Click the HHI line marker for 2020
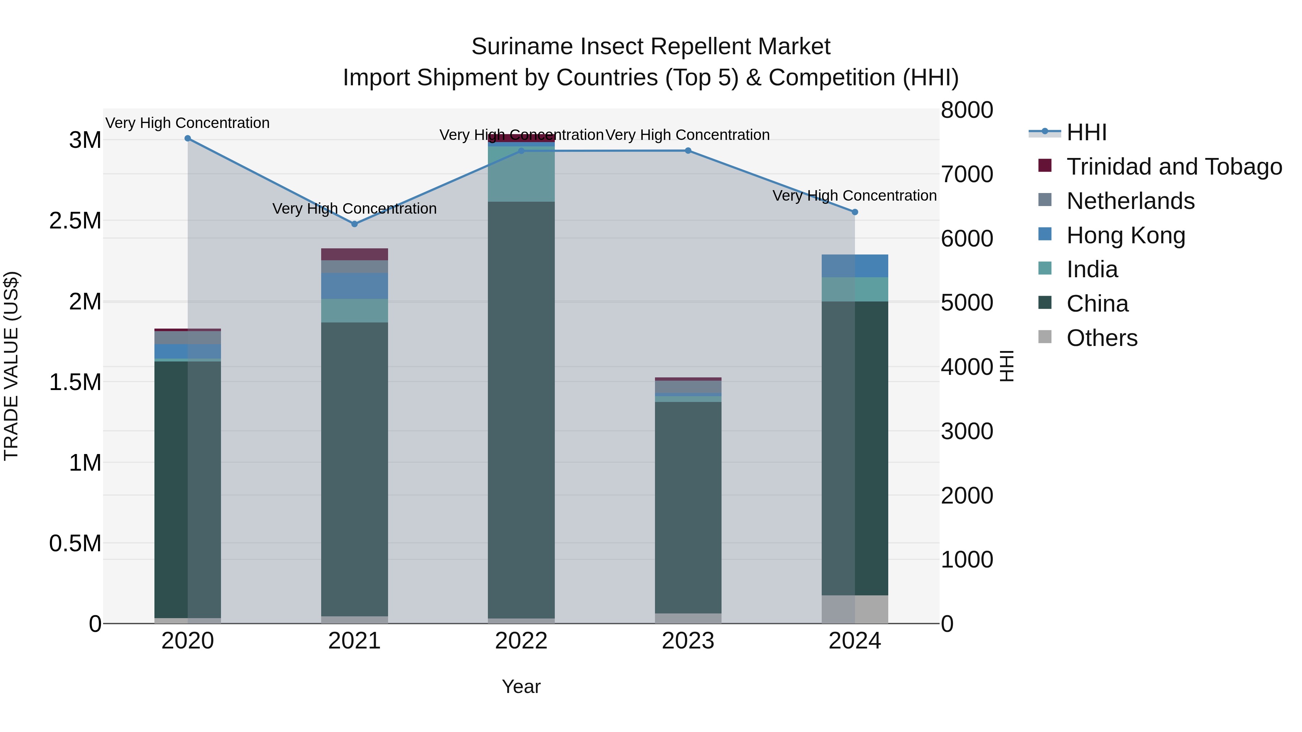(187, 138)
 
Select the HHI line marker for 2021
(354, 224)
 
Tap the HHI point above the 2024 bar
(855, 212)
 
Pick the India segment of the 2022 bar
(521, 174)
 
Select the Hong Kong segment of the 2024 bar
(855, 266)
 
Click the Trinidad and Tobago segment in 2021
(354, 254)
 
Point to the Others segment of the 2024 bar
(855, 609)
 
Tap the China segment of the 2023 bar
(688, 505)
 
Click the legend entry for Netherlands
(1130, 201)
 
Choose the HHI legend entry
(1087, 132)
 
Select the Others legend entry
(1102, 338)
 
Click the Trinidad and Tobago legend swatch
(1045, 166)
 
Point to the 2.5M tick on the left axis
(75, 221)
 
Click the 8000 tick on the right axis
(966, 110)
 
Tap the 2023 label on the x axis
(688, 641)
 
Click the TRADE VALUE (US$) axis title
(11, 366)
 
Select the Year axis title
(521, 686)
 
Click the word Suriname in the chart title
(522, 47)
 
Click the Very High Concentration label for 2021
(354, 209)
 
